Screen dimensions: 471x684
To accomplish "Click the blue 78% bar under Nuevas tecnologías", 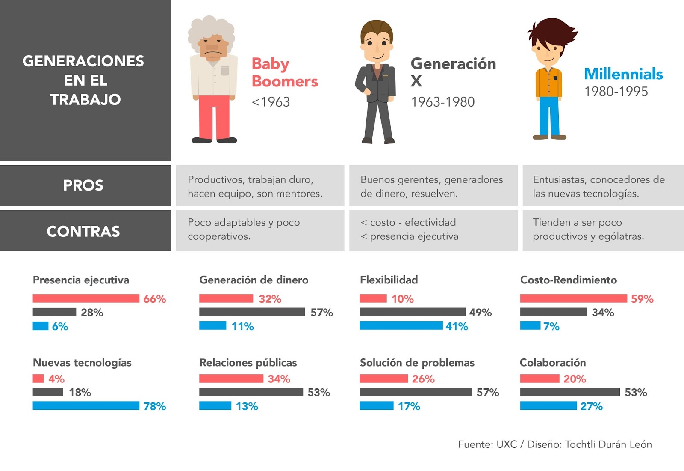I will click(x=86, y=405).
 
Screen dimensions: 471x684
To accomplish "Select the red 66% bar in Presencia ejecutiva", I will click(x=86, y=298).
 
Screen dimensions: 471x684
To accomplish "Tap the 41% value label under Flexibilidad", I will click(x=457, y=326).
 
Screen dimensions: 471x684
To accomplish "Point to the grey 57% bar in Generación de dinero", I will click(x=252, y=312).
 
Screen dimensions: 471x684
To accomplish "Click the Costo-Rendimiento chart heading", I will click(x=568, y=280).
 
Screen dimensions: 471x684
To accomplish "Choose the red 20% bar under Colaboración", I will click(x=540, y=379).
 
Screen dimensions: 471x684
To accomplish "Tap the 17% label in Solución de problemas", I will click(x=409, y=406).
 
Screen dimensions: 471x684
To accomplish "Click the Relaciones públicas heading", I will click(x=248, y=363).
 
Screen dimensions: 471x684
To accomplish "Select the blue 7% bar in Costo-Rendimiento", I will click(x=530, y=326).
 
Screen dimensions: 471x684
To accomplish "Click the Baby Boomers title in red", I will click(x=284, y=72).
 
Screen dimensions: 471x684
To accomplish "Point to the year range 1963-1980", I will click(x=442, y=102).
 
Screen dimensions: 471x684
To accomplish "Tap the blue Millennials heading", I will click(x=623, y=74).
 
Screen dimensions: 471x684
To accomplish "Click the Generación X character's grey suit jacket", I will click(x=376, y=83).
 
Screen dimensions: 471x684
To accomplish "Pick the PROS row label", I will click(x=83, y=185).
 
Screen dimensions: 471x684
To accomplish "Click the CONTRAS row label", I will click(x=83, y=231).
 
